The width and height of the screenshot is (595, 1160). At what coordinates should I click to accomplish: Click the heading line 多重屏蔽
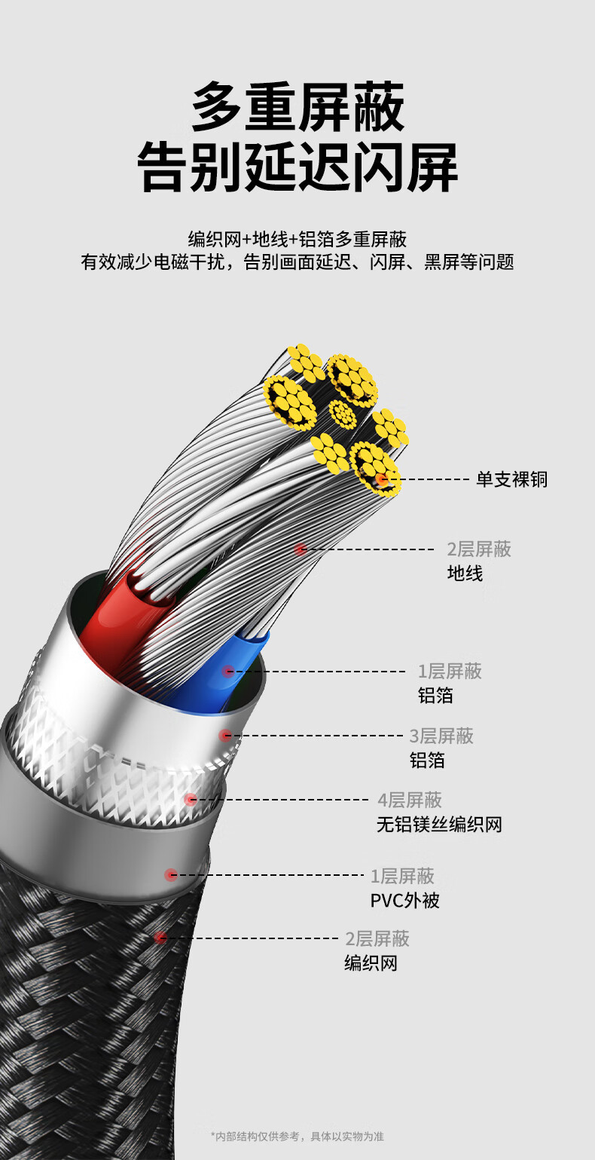click(297, 109)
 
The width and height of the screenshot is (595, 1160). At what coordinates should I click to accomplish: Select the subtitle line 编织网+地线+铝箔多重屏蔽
click(297, 240)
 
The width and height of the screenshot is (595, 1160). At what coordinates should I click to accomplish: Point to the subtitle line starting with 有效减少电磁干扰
click(297, 262)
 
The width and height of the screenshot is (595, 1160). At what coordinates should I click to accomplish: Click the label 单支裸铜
click(511, 479)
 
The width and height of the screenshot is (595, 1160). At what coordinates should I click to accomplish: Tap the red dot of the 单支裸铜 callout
click(382, 479)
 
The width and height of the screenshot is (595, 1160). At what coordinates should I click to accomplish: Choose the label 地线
click(465, 574)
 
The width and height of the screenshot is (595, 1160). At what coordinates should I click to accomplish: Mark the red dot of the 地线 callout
click(301, 549)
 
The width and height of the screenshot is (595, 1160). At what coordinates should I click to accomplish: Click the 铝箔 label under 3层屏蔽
click(427, 761)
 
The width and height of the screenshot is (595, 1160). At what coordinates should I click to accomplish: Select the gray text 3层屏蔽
click(441, 736)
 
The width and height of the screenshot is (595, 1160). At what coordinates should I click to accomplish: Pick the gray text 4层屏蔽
click(410, 800)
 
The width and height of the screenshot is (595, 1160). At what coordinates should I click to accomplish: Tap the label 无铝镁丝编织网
click(439, 825)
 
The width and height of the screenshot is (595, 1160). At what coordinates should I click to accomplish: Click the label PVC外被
click(404, 901)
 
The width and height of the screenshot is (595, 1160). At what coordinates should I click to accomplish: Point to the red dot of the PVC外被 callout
click(172, 875)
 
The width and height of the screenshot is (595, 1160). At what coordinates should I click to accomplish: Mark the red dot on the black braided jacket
click(160, 938)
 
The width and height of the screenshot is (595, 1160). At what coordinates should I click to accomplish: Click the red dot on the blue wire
click(227, 671)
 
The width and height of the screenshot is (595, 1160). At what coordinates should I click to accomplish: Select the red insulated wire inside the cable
click(121, 618)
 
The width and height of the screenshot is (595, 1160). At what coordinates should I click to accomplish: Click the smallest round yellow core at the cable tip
click(343, 414)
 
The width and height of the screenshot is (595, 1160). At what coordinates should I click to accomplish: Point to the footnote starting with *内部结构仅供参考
click(297, 1136)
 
